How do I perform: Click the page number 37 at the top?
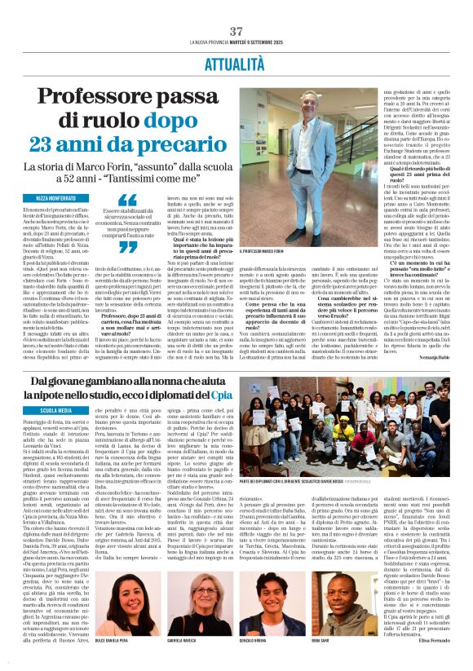tap(236, 8)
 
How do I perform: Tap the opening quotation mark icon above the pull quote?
tap(127, 199)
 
